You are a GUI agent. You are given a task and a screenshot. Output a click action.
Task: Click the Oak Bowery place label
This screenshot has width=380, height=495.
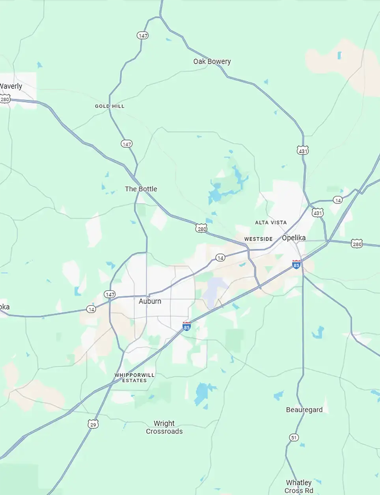[x=212, y=61]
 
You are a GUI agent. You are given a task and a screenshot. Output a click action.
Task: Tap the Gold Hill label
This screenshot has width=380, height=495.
[x=110, y=106]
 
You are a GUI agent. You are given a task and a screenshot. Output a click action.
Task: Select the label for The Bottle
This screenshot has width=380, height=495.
[x=141, y=189]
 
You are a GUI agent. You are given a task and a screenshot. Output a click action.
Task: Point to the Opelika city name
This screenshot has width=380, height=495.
[x=294, y=238]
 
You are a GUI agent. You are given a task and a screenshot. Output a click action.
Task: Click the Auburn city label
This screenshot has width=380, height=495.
[x=150, y=301]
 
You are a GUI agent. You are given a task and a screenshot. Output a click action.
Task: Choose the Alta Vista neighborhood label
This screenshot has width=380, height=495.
[x=271, y=223]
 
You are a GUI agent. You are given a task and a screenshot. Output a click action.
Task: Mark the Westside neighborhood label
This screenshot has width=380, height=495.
[x=258, y=239]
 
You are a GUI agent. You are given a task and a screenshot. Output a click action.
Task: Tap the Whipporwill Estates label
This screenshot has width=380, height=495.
[x=134, y=378]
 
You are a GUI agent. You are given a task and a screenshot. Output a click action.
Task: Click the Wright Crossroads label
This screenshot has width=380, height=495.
[x=164, y=427]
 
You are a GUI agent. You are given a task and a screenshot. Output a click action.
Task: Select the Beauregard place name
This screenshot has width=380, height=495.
[x=304, y=410]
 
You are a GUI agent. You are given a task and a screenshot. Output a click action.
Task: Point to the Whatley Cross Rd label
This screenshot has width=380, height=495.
[x=299, y=486]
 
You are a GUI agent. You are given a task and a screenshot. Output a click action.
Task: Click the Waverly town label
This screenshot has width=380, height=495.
[x=11, y=86]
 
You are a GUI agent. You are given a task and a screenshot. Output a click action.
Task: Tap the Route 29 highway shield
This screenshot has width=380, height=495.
[x=93, y=424]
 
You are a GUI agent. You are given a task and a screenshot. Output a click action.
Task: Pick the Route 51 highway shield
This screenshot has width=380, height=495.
[x=294, y=437]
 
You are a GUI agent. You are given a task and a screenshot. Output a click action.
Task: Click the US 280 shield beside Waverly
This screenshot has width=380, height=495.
[x=5, y=99]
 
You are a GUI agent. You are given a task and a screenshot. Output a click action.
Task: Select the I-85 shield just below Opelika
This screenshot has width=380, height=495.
[x=296, y=264]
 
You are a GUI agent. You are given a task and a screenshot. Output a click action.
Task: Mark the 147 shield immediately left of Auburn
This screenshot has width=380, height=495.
[x=110, y=294]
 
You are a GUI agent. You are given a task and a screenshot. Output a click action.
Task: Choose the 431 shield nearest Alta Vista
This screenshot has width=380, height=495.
[x=317, y=213]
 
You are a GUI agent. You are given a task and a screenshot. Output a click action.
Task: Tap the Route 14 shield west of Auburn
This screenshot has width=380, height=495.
[x=91, y=309]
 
